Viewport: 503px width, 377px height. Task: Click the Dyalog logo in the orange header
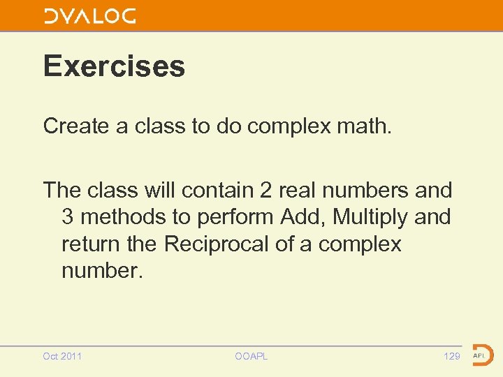coord(89,16)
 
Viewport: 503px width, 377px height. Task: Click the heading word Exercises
coord(114,66)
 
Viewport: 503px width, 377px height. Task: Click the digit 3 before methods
coord(68,217)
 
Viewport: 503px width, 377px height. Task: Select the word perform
coord(235,217)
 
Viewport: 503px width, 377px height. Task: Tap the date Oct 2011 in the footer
coord(62,356)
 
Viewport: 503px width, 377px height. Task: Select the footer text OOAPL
coord(251,356)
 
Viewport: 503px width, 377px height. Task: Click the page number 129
coord(452,356)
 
